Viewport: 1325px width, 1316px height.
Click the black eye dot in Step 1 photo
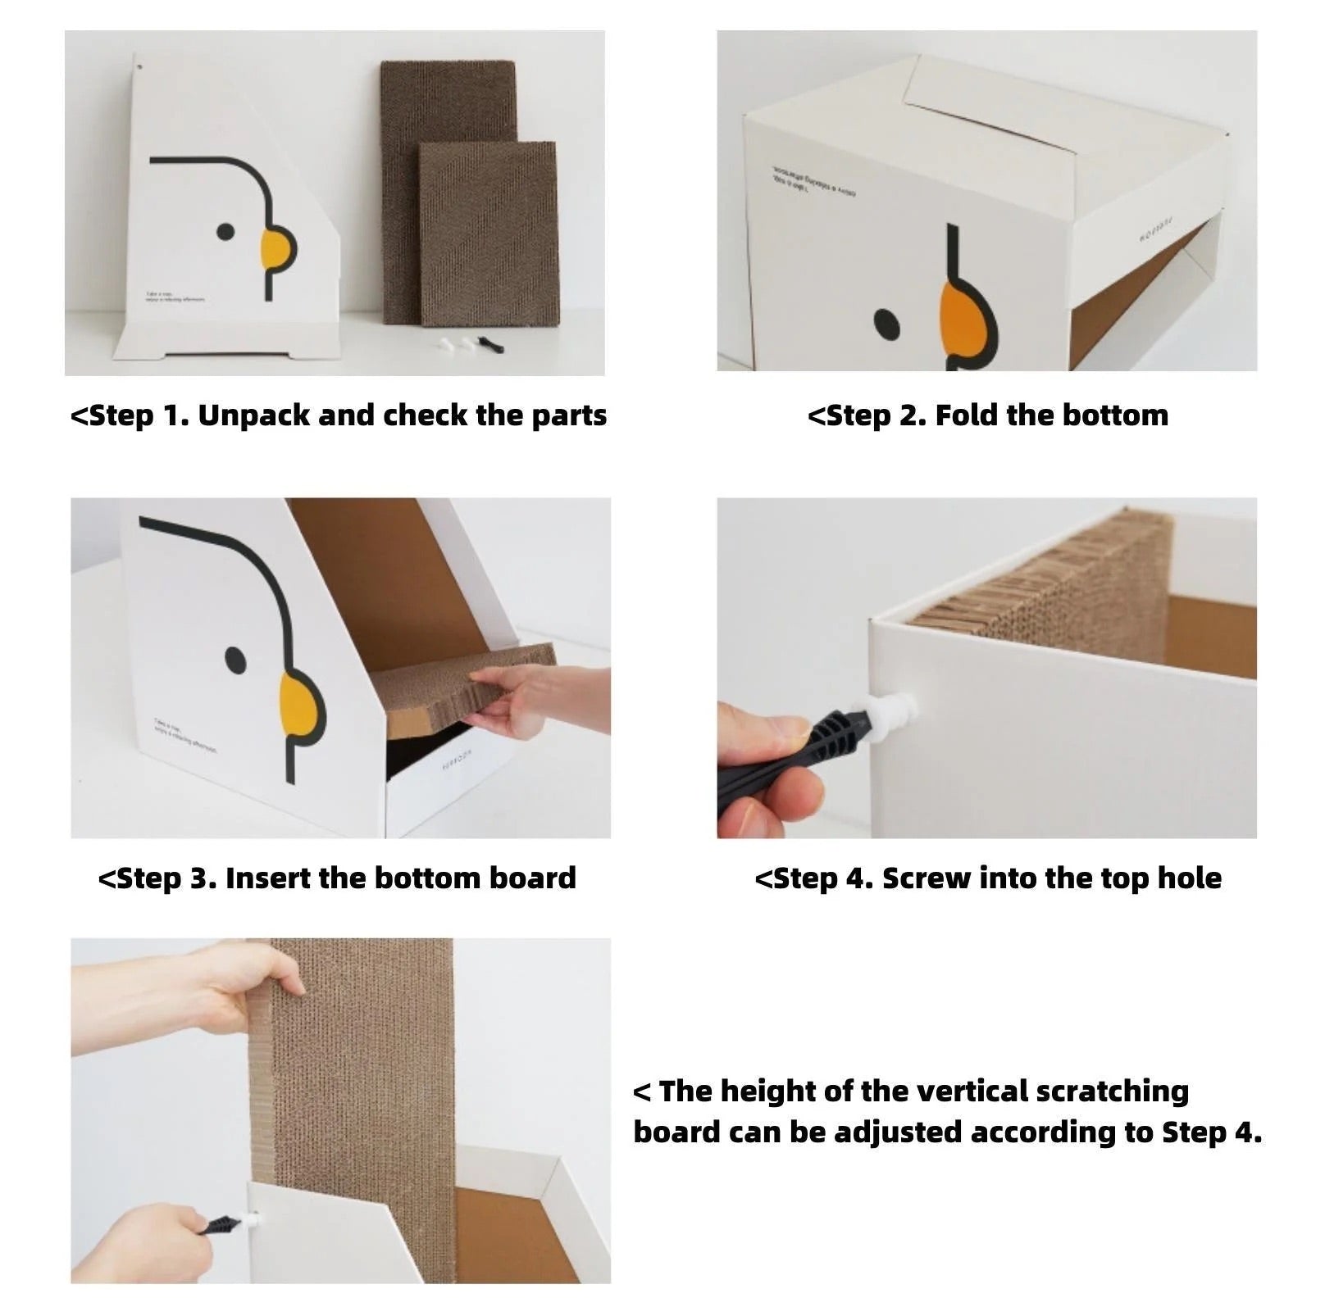pyautogui.click(x=226, y=232)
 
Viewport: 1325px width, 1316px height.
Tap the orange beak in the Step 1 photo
pyautogui.click(x=276, y=248)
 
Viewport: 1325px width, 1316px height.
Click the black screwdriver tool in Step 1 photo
pyautogui.click(x=490, y=343)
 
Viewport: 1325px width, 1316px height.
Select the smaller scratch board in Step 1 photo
pyautogui.click(x=489, y=231)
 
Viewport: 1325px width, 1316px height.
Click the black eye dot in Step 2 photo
pyautogui.click(x=886, y=324)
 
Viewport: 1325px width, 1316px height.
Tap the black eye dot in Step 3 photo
pyautogui.click(x=235, y=657)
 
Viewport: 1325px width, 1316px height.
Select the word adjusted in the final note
pyautogui.click(x=899, y=1132)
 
